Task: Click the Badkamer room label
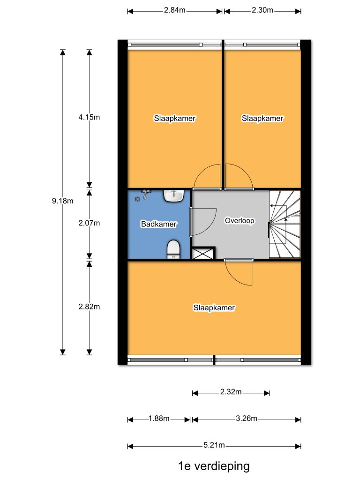tap(158, 224)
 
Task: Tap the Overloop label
tap(240, 221)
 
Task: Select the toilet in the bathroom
tap(173, 249)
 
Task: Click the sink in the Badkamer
tap(173, 196)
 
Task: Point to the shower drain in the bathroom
tap(138, 199)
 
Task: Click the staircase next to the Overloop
tap(285, 225)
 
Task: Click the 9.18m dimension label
tap(62, 201)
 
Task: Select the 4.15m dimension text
tap(89, 117)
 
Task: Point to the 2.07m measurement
tap(89, 223)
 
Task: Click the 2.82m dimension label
tap(89, 307)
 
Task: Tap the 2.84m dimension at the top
tap(174, 10)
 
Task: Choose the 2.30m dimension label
tap(262, 10)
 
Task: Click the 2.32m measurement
tap(231, 392)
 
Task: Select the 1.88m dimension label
tap(159, 419)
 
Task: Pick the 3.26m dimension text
tap(247, 419)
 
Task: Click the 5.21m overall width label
tap(214, 445)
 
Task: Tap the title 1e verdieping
tap(214, 466)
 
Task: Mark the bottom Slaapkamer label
tap(214, 307)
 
